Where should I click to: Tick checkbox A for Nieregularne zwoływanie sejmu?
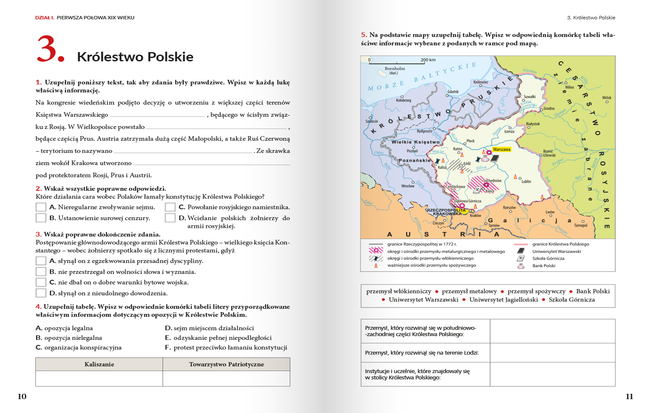tap(41, 207)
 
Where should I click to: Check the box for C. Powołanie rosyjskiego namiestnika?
tap(170, 207)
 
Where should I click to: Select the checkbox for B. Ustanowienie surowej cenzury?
tap(41, 218)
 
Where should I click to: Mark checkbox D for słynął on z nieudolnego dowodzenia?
tap(41, 293)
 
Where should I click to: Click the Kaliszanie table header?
tap(99, 364)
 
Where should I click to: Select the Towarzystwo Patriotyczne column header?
tap(226, 364)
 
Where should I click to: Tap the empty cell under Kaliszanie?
tap(99, 378)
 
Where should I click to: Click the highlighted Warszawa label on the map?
tap(501, 149)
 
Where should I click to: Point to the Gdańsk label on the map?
tap(453, 92)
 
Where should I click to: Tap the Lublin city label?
tap(526, 182)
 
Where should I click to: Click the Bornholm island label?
tap(395, 68)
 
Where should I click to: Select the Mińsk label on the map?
tap(606, 97)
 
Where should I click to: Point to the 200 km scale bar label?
tap(428, 60)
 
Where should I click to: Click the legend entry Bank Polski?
tap(544, 266)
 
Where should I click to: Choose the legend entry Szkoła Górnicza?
tap(548, 258)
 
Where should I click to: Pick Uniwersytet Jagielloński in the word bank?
tap(503, 300)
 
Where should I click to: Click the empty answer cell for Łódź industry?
tap(552, 353)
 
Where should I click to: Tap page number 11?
tap(629, 396)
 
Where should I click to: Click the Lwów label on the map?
tap(550, 212)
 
